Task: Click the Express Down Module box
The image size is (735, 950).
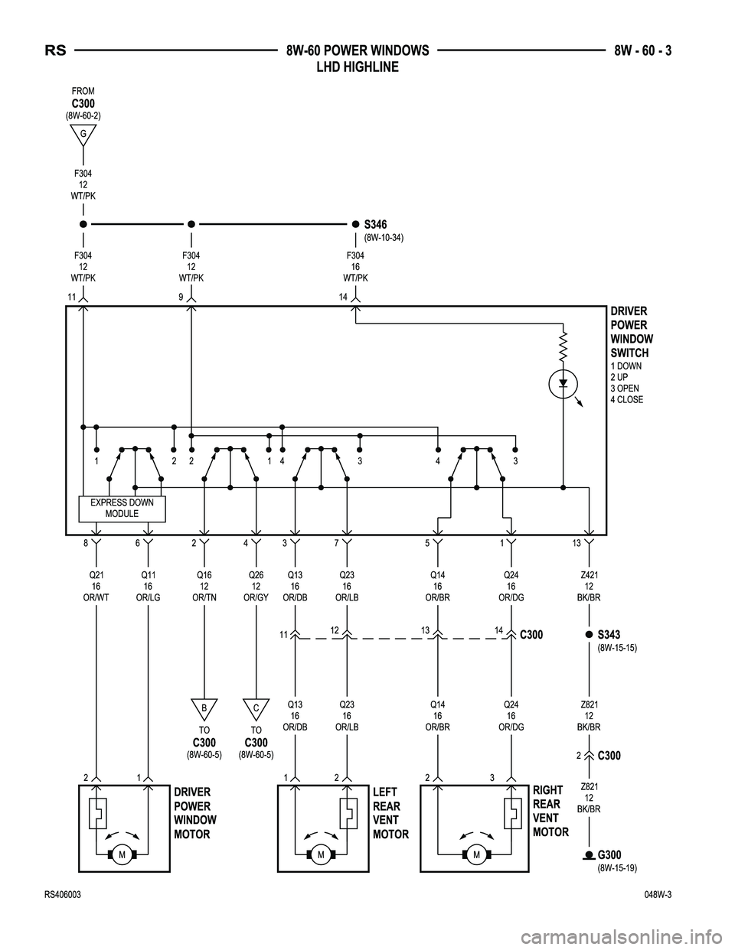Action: click(x=122, y=508)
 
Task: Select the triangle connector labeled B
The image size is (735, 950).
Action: click(x=204, y=708)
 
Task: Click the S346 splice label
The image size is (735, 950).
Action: click(x=375, y=224)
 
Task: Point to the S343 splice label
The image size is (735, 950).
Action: click(x=609, y=634)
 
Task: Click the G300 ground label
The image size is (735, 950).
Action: click(x=609, y=854)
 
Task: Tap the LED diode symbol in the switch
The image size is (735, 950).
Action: click(x=563, y=382)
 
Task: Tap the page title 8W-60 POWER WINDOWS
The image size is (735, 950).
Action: click(x=357, y=51)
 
